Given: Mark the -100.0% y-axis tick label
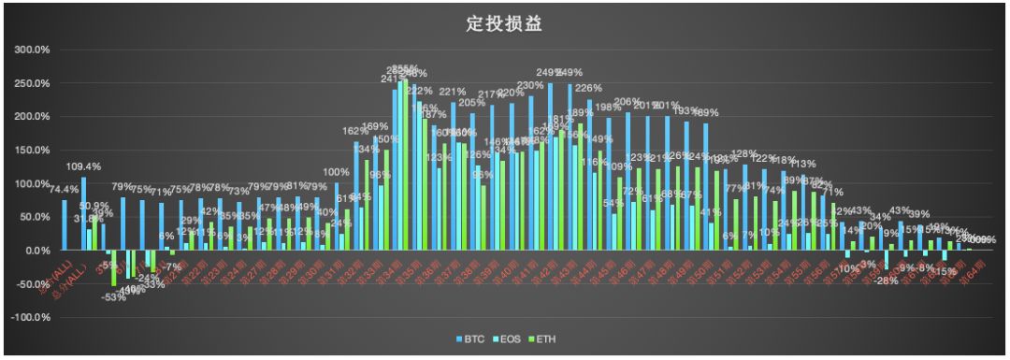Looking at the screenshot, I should pyautogui.click(x=30, y=318).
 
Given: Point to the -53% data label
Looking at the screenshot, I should pyautogui.click(x=114, y=297).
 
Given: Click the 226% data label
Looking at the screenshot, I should pyautogui.click(x=587, y=89).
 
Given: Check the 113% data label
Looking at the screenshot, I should pyautogui.click(x=802, y=165).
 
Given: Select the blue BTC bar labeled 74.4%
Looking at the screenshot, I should pyautogui.click(x=65, y=225).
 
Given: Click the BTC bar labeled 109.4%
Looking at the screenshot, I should pyautogui.click(x=83, y=214).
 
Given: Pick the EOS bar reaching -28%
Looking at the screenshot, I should pyautogui.click(x=886, y=260).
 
